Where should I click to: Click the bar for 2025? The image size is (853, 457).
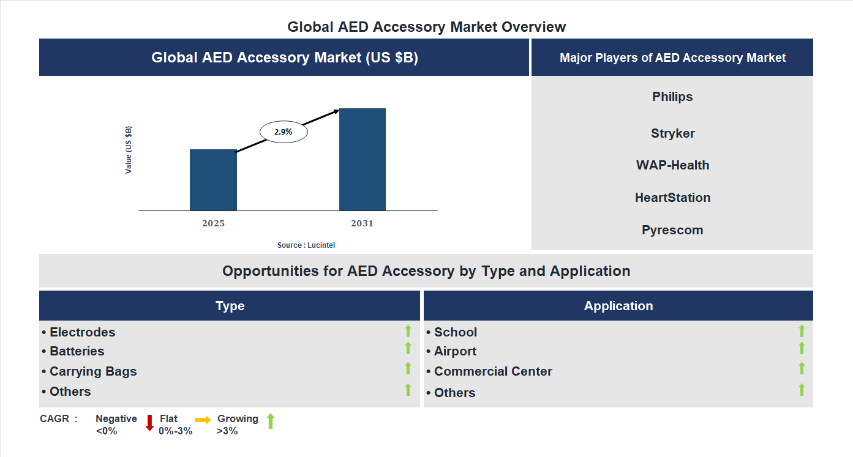213,180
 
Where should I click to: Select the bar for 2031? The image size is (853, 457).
363,160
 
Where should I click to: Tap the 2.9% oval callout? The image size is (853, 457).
284,132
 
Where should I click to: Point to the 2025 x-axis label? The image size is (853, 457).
213,223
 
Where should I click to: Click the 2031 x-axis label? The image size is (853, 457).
362,223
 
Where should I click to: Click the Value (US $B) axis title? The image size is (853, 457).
129,150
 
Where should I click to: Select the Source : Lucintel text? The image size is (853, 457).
306,245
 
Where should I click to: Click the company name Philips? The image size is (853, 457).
672,97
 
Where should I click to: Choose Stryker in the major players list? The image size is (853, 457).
672,133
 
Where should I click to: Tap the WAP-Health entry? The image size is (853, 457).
672,165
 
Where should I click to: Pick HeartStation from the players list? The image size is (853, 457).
672,198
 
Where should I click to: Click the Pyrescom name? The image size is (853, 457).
672,230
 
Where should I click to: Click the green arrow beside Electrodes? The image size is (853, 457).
408,331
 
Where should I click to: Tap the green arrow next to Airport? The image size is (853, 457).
802,348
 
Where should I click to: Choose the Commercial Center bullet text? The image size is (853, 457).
493,371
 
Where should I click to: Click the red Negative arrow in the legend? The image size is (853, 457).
149,423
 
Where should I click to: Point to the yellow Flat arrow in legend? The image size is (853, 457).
203,420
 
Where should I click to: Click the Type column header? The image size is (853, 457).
230,306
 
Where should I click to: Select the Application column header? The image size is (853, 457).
618,306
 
